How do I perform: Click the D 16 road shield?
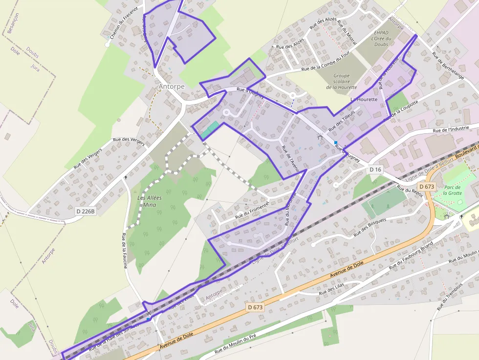click(375, 169)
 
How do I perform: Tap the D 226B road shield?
click(86, 212)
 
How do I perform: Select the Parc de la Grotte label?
click(452, 190)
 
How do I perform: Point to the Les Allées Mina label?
click(150, 201)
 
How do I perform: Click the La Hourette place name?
click(364, 99)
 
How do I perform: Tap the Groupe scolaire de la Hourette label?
click(342, 82)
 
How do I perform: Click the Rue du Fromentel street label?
click(252, 210)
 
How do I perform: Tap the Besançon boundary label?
click(11, 23)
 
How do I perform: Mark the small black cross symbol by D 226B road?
click(126, 177)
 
